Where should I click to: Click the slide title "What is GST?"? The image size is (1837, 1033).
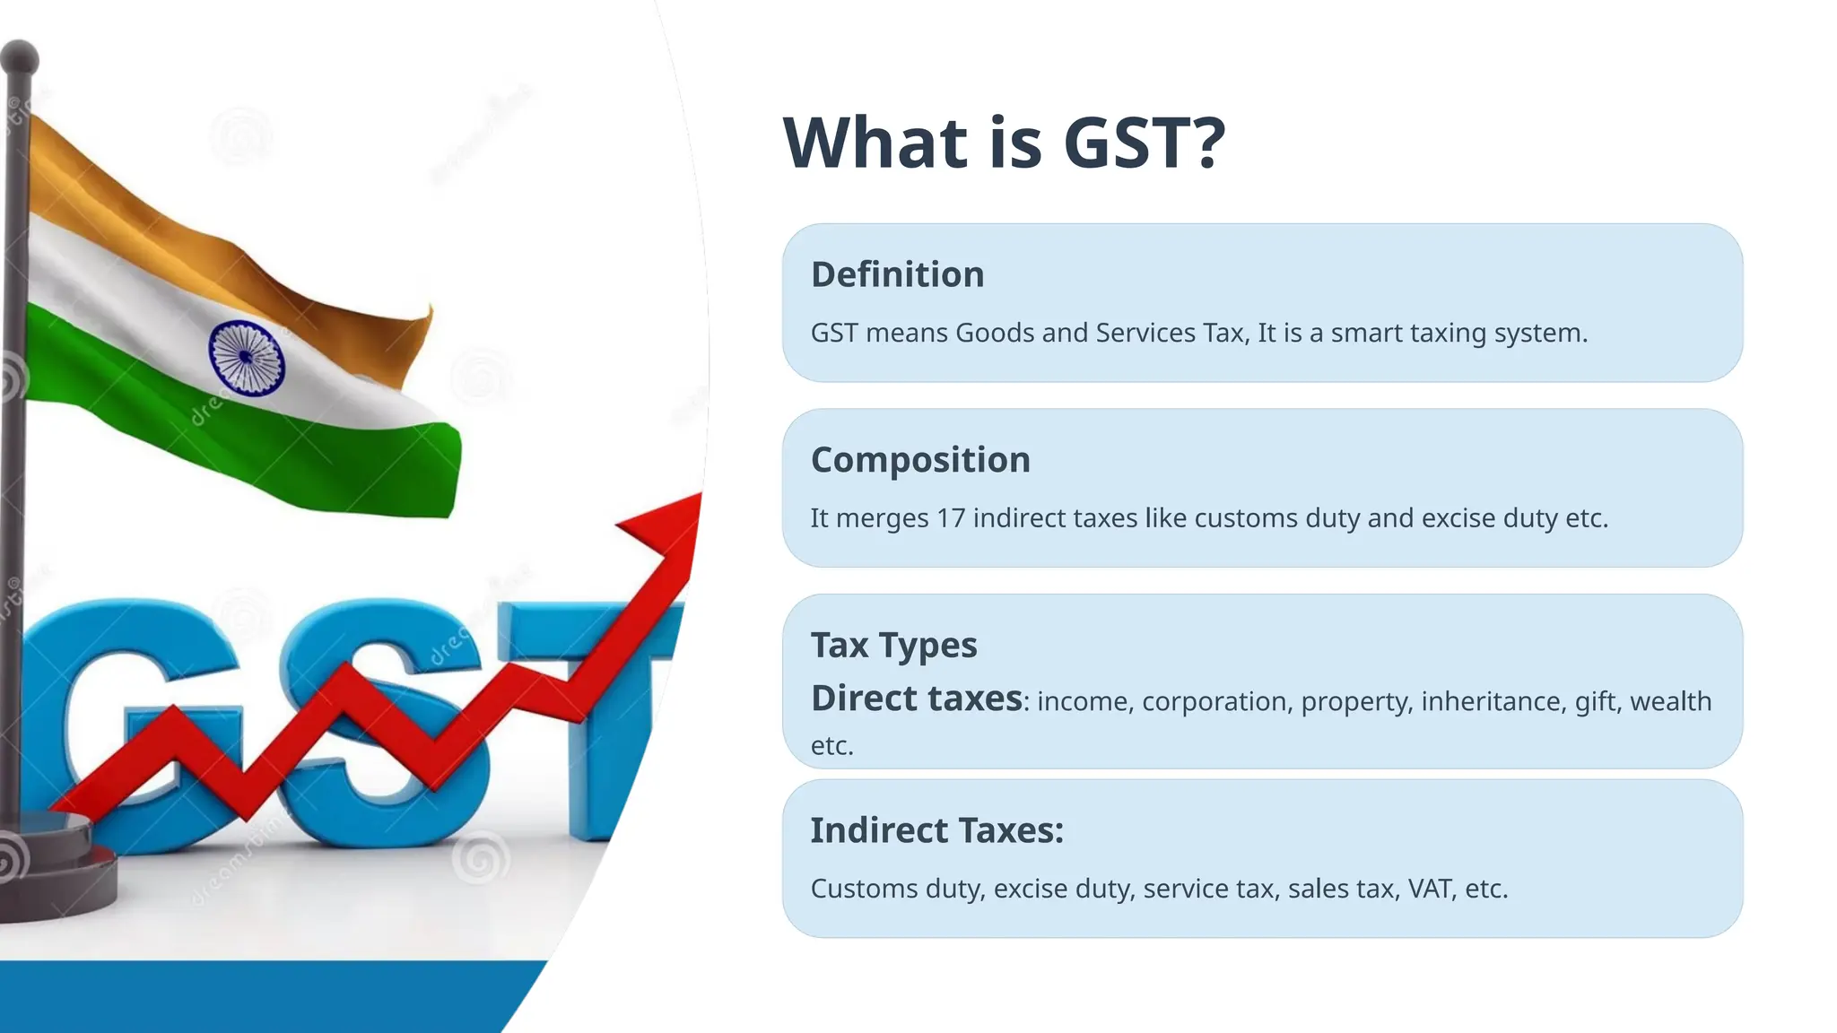1004,143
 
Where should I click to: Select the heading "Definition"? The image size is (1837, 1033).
897,274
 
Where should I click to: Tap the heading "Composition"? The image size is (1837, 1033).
920,460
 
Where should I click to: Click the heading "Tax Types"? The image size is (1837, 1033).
893,646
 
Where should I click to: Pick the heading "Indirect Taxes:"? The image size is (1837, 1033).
936,830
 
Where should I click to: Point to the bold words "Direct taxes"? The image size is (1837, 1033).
916,699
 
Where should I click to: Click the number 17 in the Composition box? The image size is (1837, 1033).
951,518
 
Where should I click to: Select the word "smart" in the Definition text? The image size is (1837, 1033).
1366,333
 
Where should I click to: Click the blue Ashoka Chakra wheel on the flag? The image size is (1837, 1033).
246,357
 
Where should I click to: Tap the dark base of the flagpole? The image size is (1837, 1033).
54,870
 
